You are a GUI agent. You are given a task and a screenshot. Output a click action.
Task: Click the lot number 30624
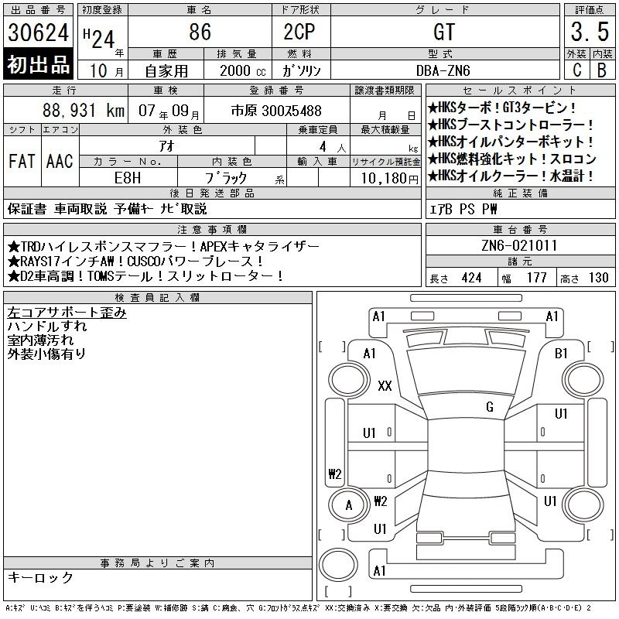pyautogui.click(x=38, y=32)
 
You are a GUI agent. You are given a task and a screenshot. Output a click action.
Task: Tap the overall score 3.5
pyautogui.click(x=590, y=32)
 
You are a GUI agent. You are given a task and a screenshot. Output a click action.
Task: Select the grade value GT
pyautogui.click(x=444, y=32)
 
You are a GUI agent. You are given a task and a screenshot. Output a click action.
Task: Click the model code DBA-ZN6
pyautogui.click(x=443, y=70)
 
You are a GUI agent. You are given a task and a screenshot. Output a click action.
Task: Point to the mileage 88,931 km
pyautogui.click(x=84, y=111)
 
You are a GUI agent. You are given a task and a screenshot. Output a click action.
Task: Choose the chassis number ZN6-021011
pyautogui.click(x=519, y=245)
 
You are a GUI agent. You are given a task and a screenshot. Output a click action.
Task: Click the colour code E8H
pyautogui.click(x=128, y=178)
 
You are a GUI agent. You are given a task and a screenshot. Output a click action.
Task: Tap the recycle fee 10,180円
pyautogui.click(x=390, y=179)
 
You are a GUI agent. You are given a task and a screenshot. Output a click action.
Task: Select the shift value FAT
pyautogui.click(x=22, y=161)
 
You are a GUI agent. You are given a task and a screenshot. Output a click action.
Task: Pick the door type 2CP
pyautogui.click(x=299, y=32)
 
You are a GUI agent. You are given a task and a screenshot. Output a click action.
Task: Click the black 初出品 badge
pyautogui.click(x=38, y=64)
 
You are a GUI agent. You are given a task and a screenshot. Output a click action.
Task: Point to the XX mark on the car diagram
pyautogui.click(x=385, y=385)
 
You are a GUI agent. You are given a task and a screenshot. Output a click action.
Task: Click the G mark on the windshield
pyautogui.click(x=490, y=407)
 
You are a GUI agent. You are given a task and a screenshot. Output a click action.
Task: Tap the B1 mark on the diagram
pyautogui.click(x=560, y=354)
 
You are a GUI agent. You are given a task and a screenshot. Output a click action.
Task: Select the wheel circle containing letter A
pyautogui.click(x=350, y=504)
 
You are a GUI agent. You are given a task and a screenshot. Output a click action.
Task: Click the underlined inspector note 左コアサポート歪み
pyautogui.click(x=67, y=313)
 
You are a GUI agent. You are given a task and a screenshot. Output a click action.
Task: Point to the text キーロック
pyautogui.click(x=40, y=577)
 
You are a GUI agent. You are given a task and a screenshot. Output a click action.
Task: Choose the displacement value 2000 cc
pyautogui.click(x=243, y=70)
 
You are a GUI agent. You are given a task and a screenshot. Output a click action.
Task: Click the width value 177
pyautogui.click(x=537, y=278)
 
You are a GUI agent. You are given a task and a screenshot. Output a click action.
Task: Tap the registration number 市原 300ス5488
pyautogui.click(x=276, y=111)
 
